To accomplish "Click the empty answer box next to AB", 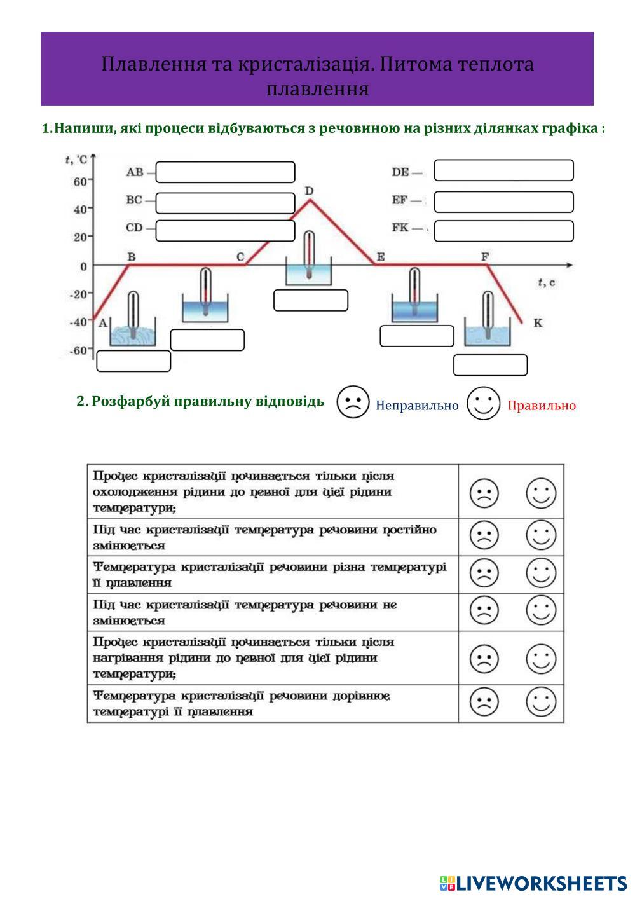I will (x=225, y=172).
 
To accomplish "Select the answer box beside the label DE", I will (x=503, y=170).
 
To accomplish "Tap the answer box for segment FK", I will (x=503, y=231).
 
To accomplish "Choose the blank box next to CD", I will (x=225, y=231).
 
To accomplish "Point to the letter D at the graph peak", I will (x=309, y=191).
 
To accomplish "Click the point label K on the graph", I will (x=538, y=323).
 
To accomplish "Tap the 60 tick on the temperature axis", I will (x=79, y=182).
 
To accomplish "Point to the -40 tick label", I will (x=78, y=322).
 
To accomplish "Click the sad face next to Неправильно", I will (x=353, y=402).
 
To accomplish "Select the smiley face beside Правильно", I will (x=483, y=403).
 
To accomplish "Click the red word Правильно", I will (x=542, y=406).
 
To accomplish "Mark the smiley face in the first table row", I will (x=541, y=493).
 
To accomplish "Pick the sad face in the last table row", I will (x=484, y=703).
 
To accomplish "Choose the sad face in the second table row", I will (x=484, y=535).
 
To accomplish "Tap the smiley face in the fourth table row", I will (x=541, y=611).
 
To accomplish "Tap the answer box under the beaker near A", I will (x=133, y=361).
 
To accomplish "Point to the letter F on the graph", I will (x=485, y=256).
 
